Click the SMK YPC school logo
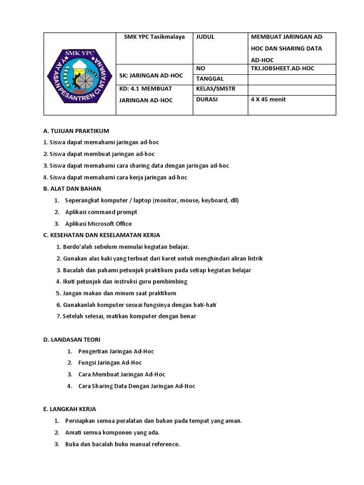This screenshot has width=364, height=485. [80, 73]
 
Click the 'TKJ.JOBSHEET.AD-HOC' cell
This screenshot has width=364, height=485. [282, 69]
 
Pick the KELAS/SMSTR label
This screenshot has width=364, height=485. [215, 89]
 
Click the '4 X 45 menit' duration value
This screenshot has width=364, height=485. [268, 99]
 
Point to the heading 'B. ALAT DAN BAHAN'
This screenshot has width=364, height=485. [72, 189]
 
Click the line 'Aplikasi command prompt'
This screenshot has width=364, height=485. [101, 212]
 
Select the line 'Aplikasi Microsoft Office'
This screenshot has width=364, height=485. [99, 224]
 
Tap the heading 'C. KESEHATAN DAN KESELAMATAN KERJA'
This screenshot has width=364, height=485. [101, 235]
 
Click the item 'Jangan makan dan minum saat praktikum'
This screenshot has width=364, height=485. [119, 293]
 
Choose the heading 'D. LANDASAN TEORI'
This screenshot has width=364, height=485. [72, 340]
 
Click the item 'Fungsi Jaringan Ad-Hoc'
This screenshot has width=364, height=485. [110, 363]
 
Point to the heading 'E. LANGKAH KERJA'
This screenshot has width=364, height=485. [70, 409]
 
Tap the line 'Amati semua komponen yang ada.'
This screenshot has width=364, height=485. [112, 432]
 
